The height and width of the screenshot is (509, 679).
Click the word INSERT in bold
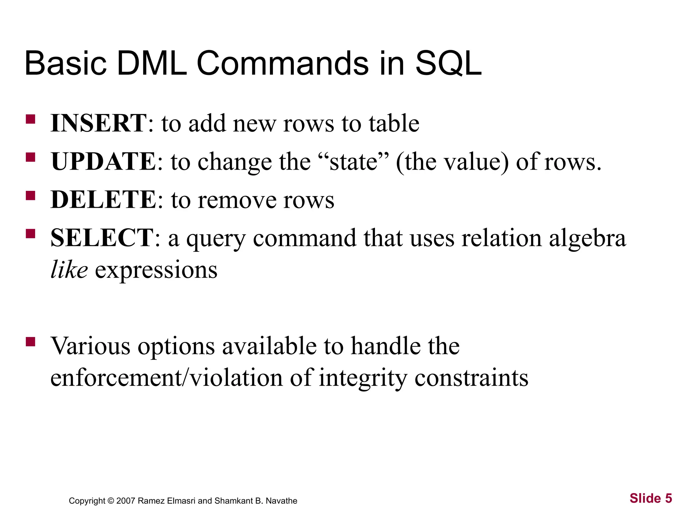tap(98, 123)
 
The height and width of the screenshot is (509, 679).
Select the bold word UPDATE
tap(103, 162)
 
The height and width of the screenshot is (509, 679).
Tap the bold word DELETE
tap(103, 200)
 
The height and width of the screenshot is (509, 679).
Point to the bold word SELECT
tap(102, 238)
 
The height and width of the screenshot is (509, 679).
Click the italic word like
tap(69, 270)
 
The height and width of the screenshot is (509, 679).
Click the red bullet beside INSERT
tap(31, 119)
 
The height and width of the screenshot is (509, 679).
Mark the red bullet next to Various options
tap(31, 342)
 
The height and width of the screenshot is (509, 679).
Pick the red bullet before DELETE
tap(31, 196)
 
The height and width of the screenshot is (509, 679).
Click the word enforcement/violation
tap(166, 378)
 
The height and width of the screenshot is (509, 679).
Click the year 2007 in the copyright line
tap(126, 501)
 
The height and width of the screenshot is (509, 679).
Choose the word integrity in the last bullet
tap(363, 378)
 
